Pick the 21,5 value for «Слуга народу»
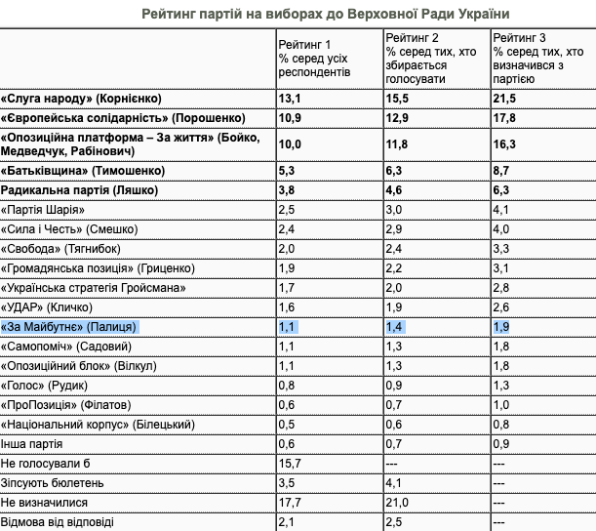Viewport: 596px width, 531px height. [x=503, y=100]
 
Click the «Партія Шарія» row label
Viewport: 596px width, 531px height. [x=51, y=210]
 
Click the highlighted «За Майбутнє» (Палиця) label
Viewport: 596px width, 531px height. [x=71, y=327]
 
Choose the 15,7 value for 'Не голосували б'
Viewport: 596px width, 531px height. [x=291, y=464]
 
